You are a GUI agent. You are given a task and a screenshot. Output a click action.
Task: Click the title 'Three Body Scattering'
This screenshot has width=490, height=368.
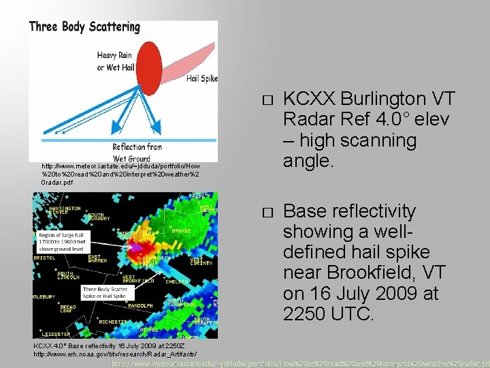click(84, 27)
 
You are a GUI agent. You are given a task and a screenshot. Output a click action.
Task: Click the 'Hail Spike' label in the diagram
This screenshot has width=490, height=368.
click(201, 78)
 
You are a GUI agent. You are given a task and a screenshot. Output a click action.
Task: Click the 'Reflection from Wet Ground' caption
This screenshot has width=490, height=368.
click(137, 152)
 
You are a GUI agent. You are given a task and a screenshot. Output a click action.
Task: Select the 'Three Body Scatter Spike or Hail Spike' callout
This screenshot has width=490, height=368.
click(105, 292)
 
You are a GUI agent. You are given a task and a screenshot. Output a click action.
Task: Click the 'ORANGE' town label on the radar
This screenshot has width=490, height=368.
click(182, 231)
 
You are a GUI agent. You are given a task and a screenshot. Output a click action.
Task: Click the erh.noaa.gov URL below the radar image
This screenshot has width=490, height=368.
click(115, 354)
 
